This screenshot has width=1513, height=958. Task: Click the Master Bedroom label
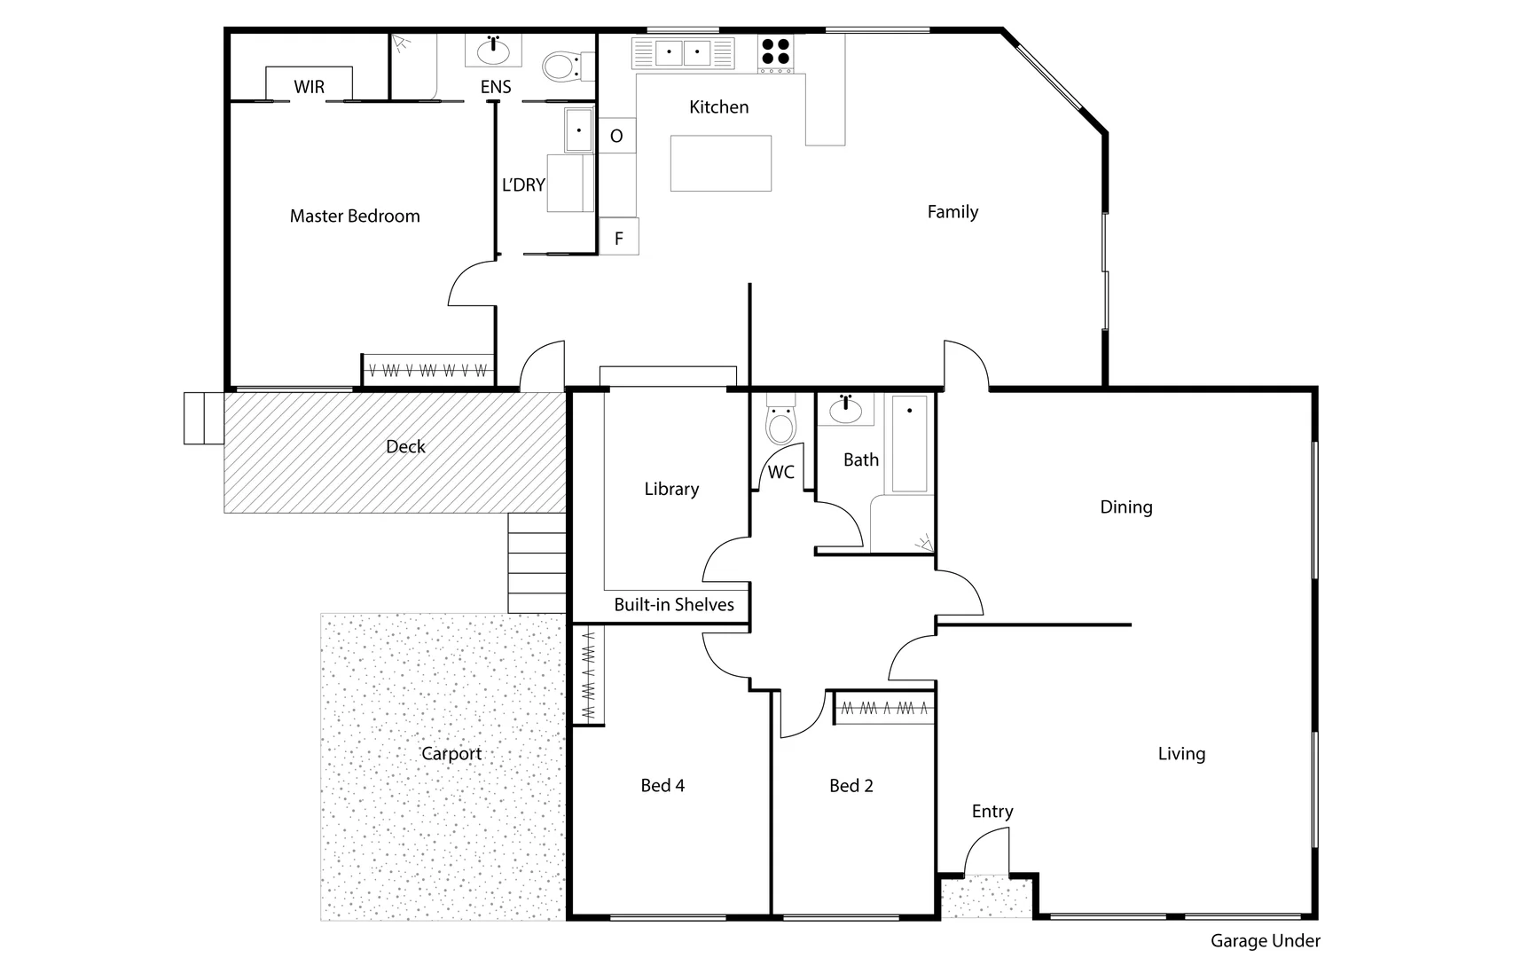click(x=355, y=216)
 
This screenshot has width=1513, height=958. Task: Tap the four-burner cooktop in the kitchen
click(x=775, y=52)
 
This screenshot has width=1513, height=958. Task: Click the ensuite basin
click(x=493, y=51)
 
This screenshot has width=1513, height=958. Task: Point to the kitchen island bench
click(x=720, y=163)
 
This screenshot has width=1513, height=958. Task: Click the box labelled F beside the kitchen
click(x=619, y=237)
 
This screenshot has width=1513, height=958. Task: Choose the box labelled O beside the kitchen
click(x=616, y=136)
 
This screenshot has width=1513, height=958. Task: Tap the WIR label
click(x=310, y=87)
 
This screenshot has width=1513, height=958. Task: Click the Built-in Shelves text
click(x=674, y=605)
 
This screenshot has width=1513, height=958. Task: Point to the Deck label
click(x=405, y=447)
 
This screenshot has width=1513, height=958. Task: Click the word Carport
click(x=451, y=754)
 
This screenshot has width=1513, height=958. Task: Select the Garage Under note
click(x=1265, y=941)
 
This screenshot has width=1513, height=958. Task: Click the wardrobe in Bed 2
click(x=883, y=709)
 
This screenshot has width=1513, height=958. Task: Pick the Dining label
click(x=1125, y=507)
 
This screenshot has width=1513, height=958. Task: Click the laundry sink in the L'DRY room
click(x=578, y=130)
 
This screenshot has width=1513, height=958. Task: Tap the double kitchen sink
click(x=683, y=52)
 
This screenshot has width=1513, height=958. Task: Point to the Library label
click(x=671, y=489)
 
